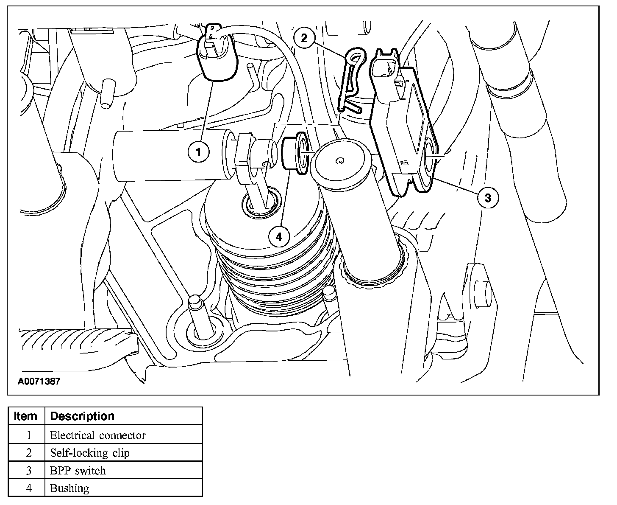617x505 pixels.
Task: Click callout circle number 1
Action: coord(198,151)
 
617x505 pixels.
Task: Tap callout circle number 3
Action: coord(488,197)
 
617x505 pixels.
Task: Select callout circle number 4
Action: coord(279,236)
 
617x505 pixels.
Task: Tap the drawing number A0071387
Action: coord(39,381)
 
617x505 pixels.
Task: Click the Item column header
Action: coord(25,416)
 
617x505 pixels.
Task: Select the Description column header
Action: coord(82,416)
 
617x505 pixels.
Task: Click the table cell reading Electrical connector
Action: coord(97,435)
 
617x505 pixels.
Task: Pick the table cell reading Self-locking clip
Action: coord(90,453)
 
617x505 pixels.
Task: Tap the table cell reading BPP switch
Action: coord(78,471)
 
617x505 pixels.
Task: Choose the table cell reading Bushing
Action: coord(69,488)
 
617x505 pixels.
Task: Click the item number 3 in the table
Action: coord(29,471)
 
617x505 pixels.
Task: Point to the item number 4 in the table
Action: coord(29,488)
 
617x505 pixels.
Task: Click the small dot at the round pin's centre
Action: coord(339,161)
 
